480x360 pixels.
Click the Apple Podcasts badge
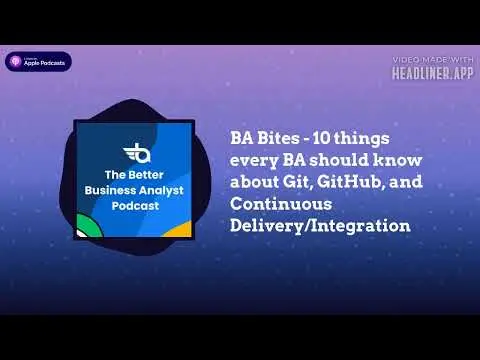[38, 62]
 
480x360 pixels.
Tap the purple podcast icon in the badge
[15, 61]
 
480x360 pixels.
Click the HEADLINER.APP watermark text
[433, 73]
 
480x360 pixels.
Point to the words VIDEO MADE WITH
[433, 60]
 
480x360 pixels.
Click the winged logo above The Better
[137, 153]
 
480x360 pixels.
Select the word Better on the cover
[146, 175]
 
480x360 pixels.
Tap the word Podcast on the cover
[135, 206]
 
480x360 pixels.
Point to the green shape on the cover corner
[88, 226]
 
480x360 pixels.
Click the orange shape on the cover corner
[180, 229]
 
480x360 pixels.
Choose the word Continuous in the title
[281, 204]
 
